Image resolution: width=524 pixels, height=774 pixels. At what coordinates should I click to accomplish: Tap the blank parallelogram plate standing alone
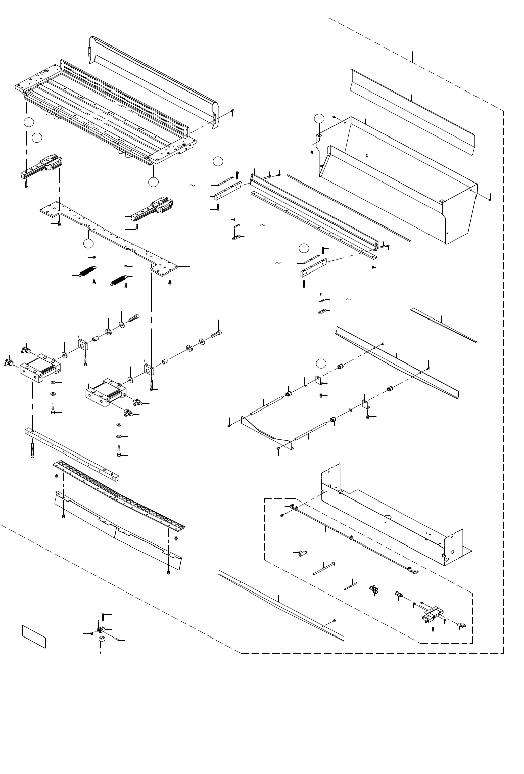click(34, 635)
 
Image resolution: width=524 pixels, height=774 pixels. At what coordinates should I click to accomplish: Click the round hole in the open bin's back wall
click(367, 156)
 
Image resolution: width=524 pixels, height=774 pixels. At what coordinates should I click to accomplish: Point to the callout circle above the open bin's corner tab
click(318, 118)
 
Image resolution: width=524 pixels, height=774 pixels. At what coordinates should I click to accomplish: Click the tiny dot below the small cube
click(100, 652)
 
